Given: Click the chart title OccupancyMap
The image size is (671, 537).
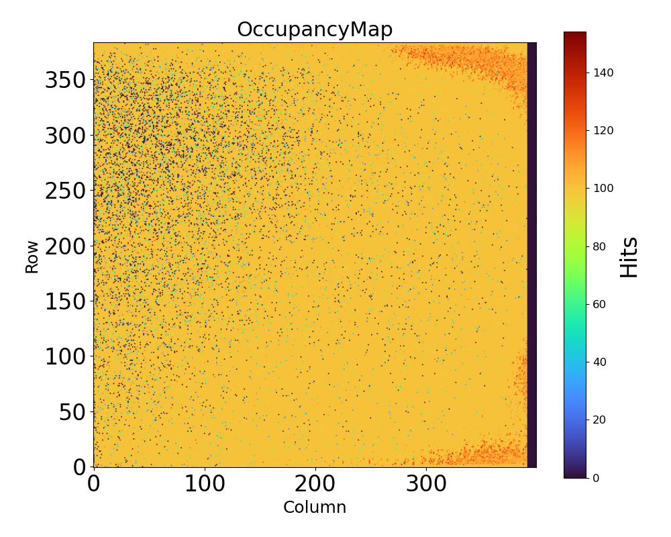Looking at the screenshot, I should [315, 30].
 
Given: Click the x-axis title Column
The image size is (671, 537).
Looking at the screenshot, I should [315, 507].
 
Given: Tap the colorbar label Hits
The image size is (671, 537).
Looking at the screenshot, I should [629, 256].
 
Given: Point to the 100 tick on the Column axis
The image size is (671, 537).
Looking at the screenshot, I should [204, 484].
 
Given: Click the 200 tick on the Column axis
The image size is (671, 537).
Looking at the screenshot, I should [315, 484].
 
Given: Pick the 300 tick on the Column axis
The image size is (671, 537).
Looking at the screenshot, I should [425, 484].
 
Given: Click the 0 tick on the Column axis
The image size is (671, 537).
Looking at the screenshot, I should [94, 484].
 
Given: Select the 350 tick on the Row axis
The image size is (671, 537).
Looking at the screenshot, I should [66, 81].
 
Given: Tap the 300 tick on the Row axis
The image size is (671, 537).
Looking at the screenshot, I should [66, 136].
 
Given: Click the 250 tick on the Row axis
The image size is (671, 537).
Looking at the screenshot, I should [66, 191].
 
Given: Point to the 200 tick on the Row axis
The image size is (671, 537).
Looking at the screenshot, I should [66, 246].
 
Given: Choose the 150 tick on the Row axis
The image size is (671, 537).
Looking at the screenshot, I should [66, 301].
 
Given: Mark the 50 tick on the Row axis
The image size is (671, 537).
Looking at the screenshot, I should [72, 411].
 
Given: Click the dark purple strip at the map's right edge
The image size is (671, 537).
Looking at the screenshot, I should [531, 255].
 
